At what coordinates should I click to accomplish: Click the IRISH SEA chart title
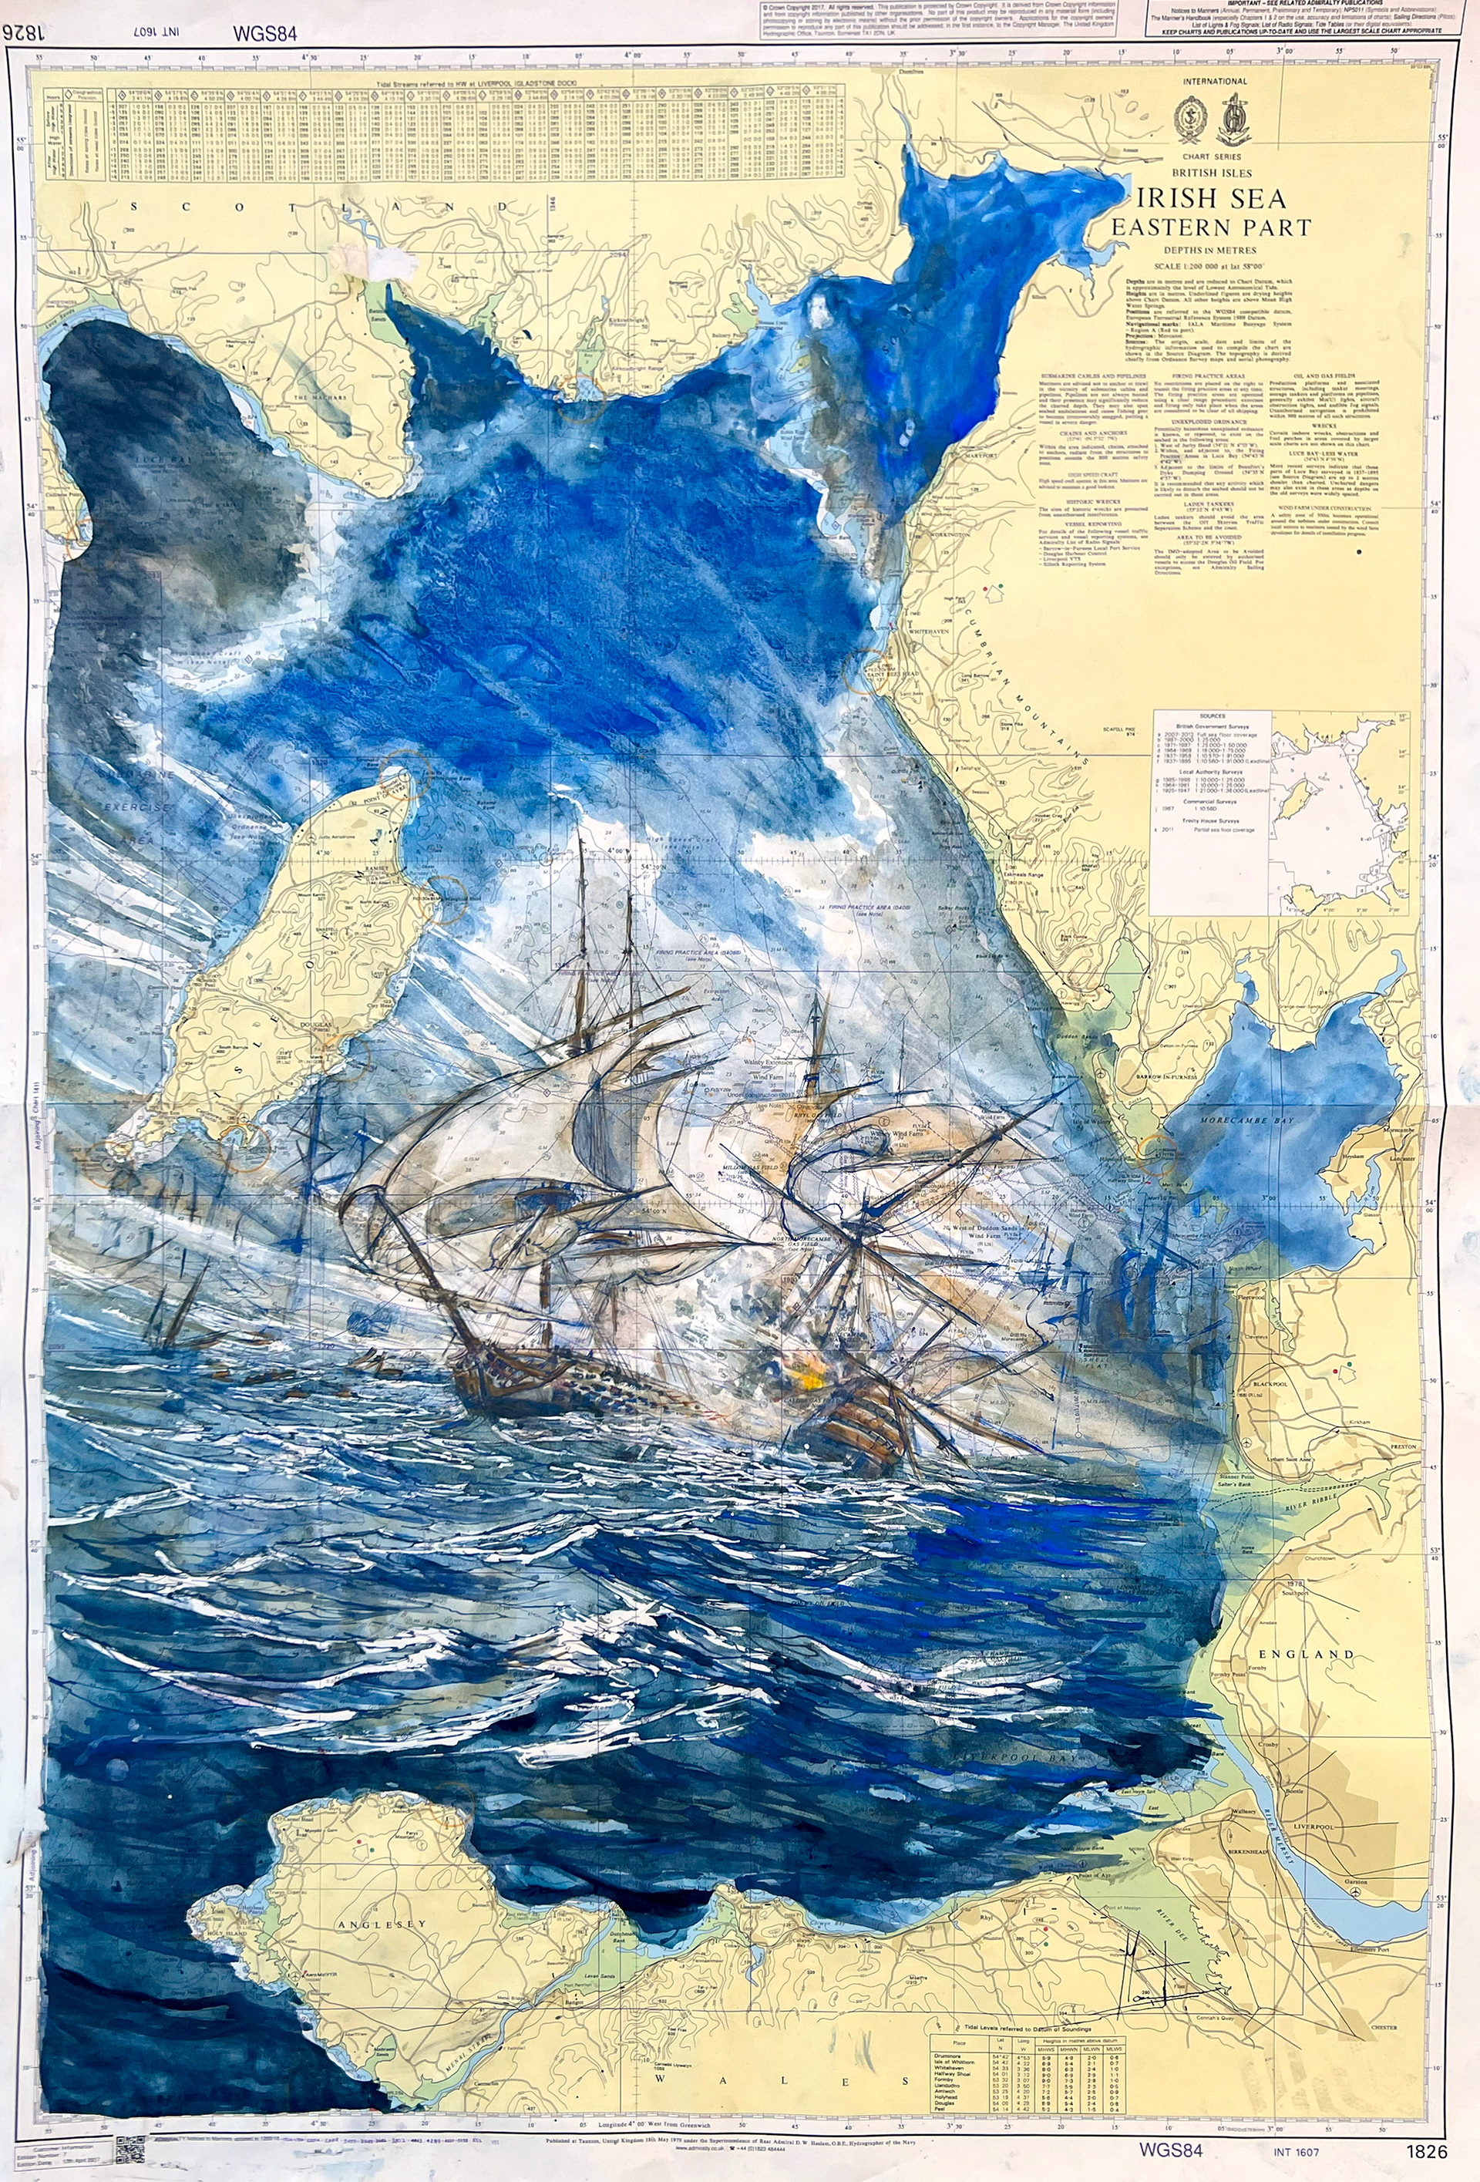coord(1211,198)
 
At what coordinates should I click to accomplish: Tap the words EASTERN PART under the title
coord(1211,227)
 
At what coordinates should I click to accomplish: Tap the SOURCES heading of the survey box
coord(1213,716)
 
